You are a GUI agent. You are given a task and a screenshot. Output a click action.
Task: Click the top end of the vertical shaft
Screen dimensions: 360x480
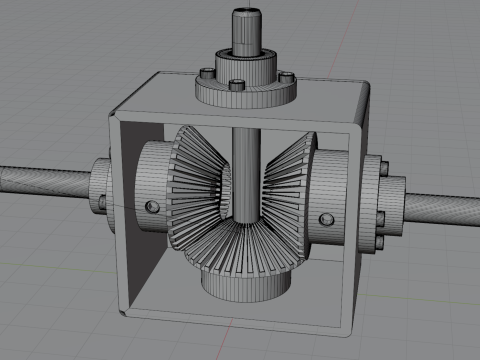coord(245,13)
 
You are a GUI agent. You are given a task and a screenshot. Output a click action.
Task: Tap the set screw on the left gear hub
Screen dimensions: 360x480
coord(151,206)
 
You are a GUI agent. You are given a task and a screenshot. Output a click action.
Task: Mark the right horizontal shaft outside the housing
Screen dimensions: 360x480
coord(440,209)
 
